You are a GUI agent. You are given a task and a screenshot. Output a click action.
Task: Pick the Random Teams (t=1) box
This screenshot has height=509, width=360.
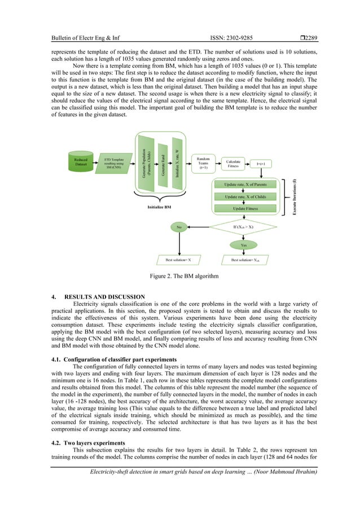point(203,162)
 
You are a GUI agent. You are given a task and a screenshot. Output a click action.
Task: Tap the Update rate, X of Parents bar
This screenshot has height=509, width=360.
point(245,184)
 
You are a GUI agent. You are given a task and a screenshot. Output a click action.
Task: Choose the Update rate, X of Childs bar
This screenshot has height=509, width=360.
point(245,196)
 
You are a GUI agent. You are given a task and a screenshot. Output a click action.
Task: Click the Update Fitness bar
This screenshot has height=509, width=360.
point(245,208)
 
